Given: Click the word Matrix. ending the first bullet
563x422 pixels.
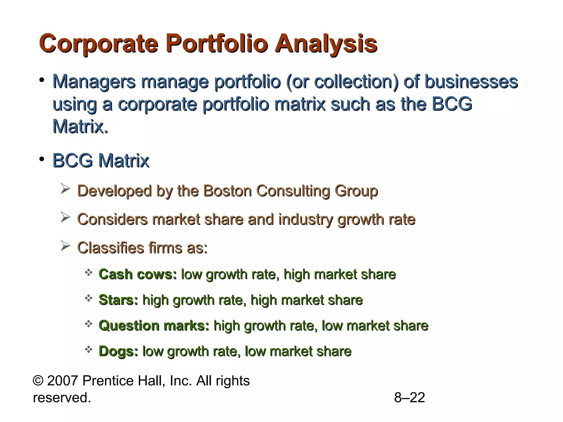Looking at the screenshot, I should click(x=80, y=127).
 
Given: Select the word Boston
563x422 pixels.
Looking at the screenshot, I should click(x=227, y=191).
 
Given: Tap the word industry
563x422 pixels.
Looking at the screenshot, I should click(x=305, y=220).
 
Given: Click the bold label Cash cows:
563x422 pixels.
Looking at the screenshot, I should click(x=138, y=274).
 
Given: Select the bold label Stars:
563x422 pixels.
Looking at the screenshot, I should click(x=118, y=300).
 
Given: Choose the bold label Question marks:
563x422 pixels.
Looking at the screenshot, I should click(x=154, y=326).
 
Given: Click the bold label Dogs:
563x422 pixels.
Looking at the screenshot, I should click(x=118, y=351).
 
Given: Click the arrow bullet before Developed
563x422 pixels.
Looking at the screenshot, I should click(x=65, y=189).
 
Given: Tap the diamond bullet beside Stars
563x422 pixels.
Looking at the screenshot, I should click(x=89, y=298).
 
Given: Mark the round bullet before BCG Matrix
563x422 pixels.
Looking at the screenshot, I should click(x=42, y=159).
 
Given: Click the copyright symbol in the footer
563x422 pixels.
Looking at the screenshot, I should click(x=38, y=381).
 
